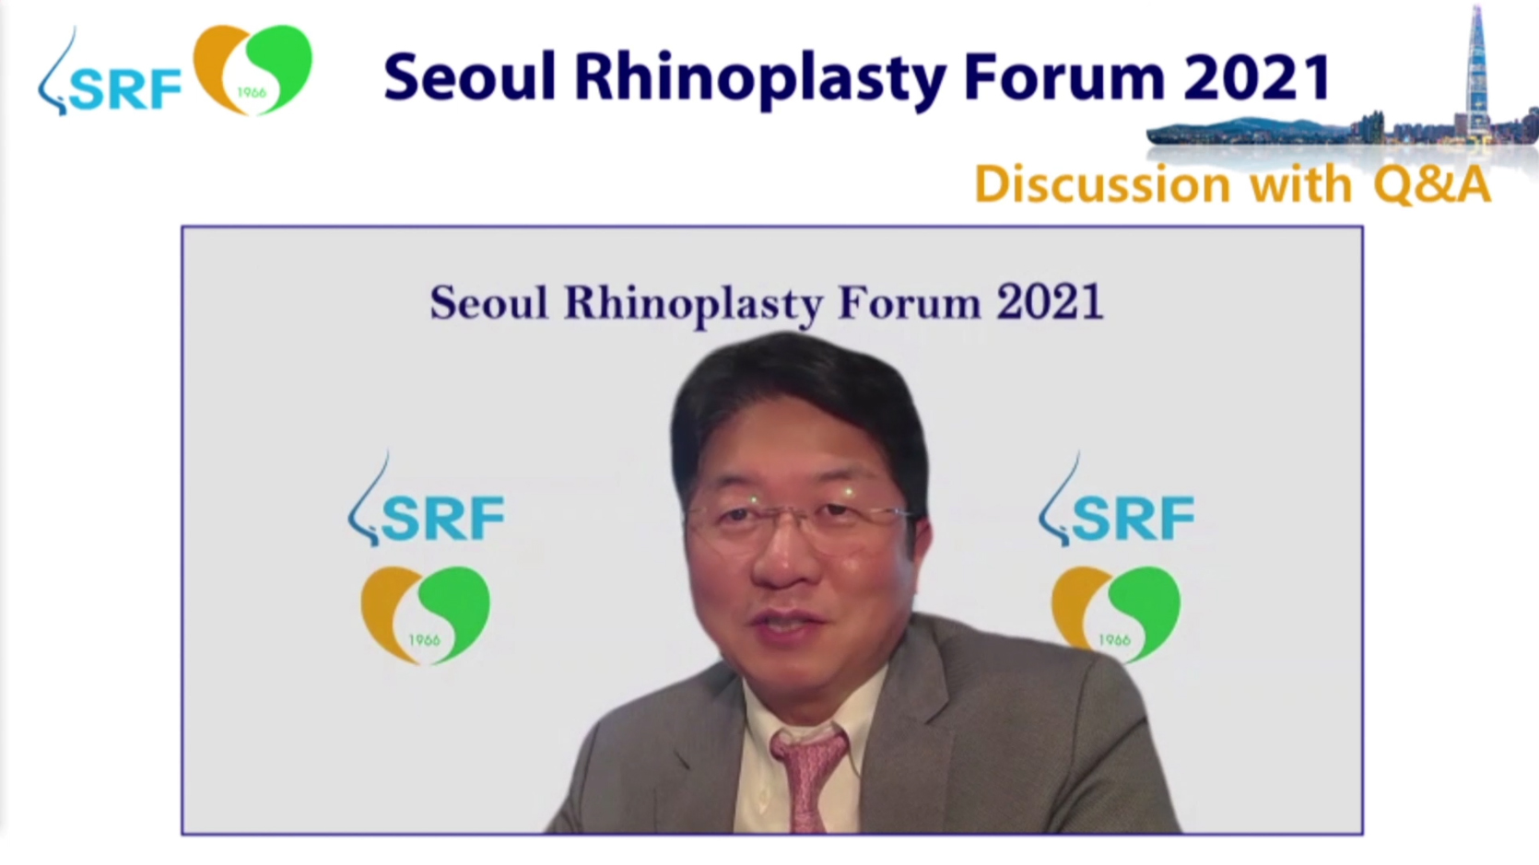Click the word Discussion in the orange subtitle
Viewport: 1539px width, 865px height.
[x=1102, y=184]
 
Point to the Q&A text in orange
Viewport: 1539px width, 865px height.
[x=1432, y=184]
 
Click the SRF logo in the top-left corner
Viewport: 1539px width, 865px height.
[x=110, y=75]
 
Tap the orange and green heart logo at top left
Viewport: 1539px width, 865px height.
[x=253, y=69]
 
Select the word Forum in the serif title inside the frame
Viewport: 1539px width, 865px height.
[x=910, y=303]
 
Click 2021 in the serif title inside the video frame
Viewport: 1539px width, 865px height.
[x=1051, y=303]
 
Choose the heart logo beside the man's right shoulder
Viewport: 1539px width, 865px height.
[x=1116, y=614]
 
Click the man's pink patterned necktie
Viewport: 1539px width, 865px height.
[x=810, y=780]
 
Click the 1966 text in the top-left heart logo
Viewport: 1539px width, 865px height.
[x=252, y=93]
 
